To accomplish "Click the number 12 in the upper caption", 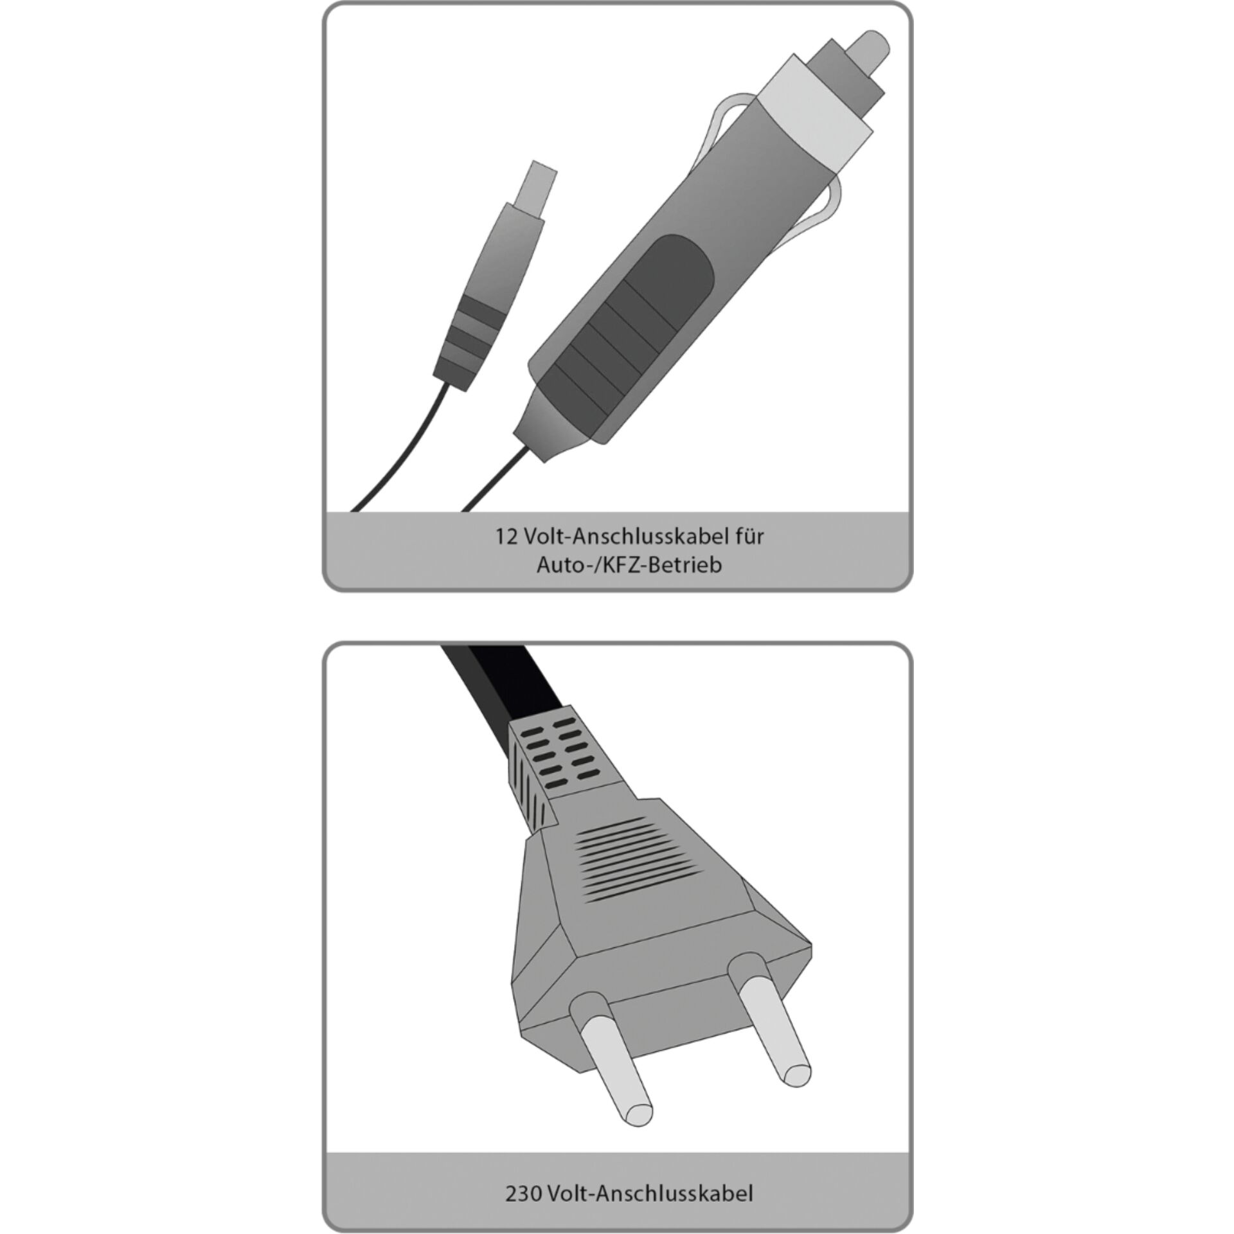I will point(506,537).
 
